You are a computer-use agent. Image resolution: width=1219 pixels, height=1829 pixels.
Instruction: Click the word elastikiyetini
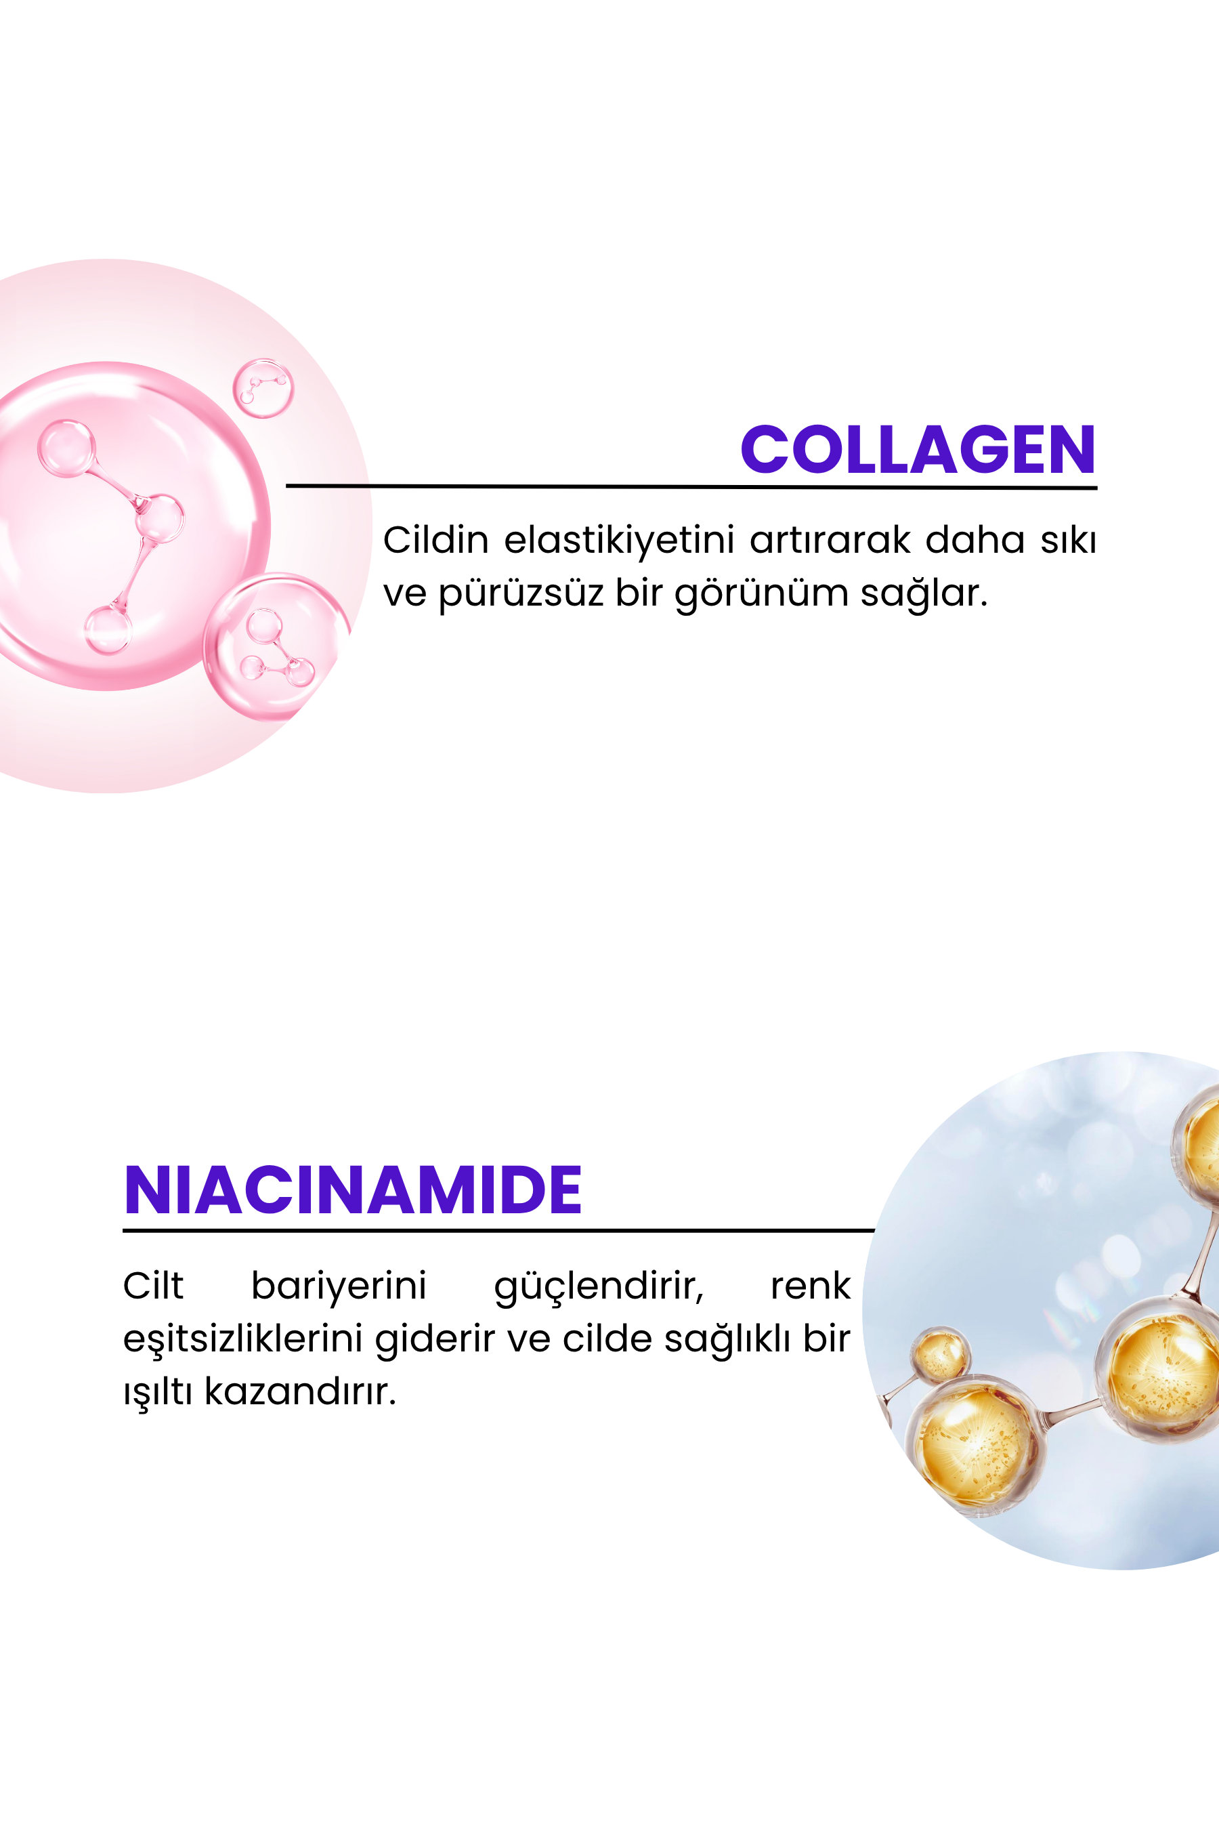[x=619, y=541]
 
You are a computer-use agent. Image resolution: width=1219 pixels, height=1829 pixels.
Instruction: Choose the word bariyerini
[x=339, y=1286]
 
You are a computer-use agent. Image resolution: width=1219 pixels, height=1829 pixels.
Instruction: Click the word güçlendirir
[x=599, y=1287]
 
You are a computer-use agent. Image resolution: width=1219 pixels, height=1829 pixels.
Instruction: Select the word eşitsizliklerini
[x=242, y=1339]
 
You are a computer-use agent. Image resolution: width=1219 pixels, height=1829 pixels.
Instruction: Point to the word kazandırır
[x=300, y=1391]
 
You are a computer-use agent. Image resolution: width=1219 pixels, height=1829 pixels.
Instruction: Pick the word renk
[x=810, y=1286]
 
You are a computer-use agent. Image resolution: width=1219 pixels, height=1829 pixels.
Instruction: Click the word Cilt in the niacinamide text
[x=153, y=1286]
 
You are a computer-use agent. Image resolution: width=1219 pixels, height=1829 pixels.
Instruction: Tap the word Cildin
[x=435, y=540]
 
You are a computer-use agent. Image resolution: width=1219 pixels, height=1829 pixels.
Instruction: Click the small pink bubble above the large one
[x=263, y=388]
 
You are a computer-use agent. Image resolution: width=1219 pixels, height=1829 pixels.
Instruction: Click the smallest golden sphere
[x=941, y=1354]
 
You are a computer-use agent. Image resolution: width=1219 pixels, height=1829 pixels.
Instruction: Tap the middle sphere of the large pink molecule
[x=159, y=518]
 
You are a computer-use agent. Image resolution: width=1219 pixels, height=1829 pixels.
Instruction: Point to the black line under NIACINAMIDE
[x=498, y=1230]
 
